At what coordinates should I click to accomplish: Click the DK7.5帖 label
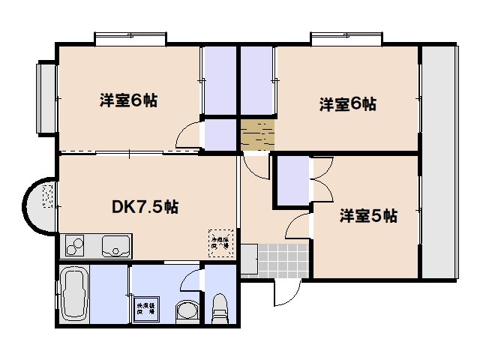coord(146,207)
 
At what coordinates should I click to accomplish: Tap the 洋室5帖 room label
coord(367,217)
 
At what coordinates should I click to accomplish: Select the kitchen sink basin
coord(116,244)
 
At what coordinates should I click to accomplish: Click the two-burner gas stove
coord(76,245)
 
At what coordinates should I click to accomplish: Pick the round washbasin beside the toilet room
coord(185,312)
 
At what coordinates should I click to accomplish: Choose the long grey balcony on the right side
coord(438,161)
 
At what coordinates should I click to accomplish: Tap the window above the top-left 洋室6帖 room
coord(130,38)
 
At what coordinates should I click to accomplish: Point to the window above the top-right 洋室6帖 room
coord(347,38)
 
